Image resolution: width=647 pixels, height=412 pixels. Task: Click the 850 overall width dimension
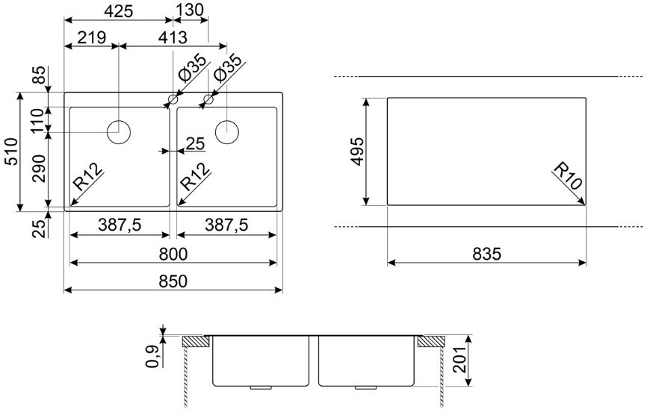tap(173, 281)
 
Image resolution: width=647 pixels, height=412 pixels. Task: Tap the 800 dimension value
tap(173, 254)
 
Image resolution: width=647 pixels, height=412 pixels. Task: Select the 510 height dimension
tap(11, 152)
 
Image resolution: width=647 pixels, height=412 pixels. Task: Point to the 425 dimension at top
tap(119, 11)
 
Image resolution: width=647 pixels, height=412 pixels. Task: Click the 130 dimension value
tap(190, 10)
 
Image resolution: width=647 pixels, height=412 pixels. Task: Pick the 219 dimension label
tap(92, 37)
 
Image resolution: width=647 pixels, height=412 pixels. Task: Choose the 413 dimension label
tap(173, 37)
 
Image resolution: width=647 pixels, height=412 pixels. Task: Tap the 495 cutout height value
tap(357, 152)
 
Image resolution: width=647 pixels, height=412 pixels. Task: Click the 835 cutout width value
tap(486, 254)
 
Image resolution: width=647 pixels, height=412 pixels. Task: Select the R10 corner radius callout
tap(568, 176)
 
